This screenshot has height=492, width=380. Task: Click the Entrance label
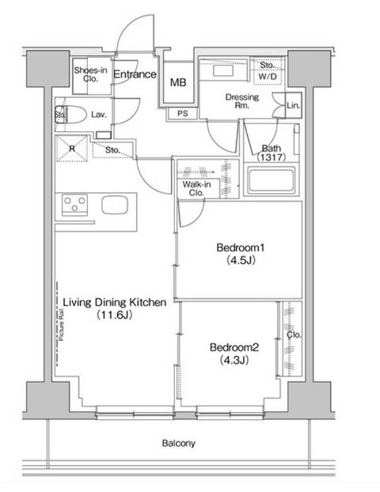[135, 74]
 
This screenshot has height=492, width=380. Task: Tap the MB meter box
[178, 82]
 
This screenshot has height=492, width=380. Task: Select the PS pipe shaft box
[182, 113]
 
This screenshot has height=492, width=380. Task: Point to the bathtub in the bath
[272, 180]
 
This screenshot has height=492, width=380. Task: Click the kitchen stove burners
[74, 203]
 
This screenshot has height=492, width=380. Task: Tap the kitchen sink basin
[115, 205]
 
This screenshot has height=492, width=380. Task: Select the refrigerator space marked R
[71, 148]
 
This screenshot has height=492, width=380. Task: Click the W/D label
[268, 76]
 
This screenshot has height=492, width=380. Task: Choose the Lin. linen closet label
[294, 105]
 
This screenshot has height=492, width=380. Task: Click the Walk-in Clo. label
[196, 188]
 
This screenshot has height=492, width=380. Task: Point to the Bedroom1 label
[240, 248]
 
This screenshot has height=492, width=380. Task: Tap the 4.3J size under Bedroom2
[234, 360]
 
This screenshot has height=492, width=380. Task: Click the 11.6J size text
[114, 315]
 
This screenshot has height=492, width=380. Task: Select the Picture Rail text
[61, 325]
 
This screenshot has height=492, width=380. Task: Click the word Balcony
[178, 443]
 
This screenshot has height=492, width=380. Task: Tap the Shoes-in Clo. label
[90, 74]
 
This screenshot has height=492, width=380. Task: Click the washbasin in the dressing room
[223, 70]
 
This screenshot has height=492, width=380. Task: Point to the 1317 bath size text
[272, 157]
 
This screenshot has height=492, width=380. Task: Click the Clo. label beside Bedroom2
[294, 335]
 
